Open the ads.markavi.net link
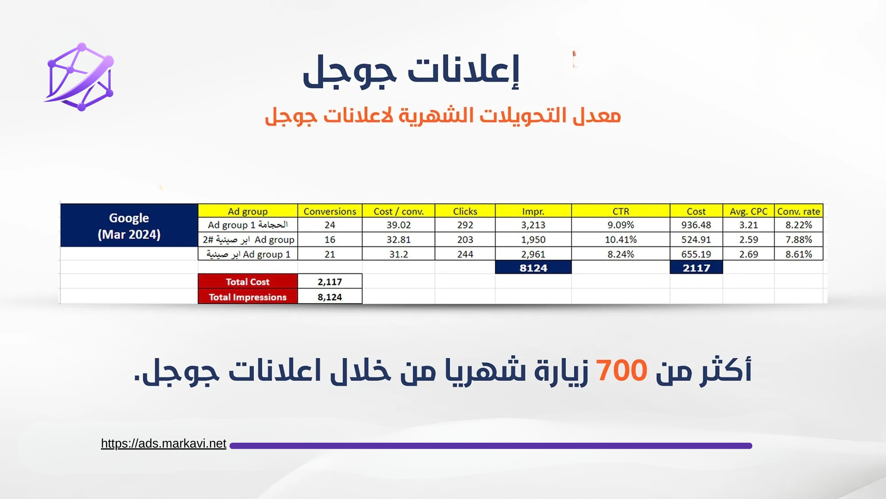click(163, 444)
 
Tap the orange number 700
click(621, 370)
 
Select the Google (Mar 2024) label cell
click(129, 225)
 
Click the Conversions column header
click(330, 211)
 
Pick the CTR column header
click(621, 211)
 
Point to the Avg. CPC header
click(749, 211)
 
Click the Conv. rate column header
click(799, 211)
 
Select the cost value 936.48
click(696, 225)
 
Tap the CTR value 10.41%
click(621, 240)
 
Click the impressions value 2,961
click(533, 254)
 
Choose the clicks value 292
click(465, 225)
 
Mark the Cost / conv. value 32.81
click(399, 240)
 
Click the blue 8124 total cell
click(533, 267)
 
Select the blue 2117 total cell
click(696, 267)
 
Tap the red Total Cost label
click(248, 282)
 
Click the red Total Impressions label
click(248, 297)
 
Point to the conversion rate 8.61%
click(799, 254)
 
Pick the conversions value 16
click(330, 240)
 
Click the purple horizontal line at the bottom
click(491, 446)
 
